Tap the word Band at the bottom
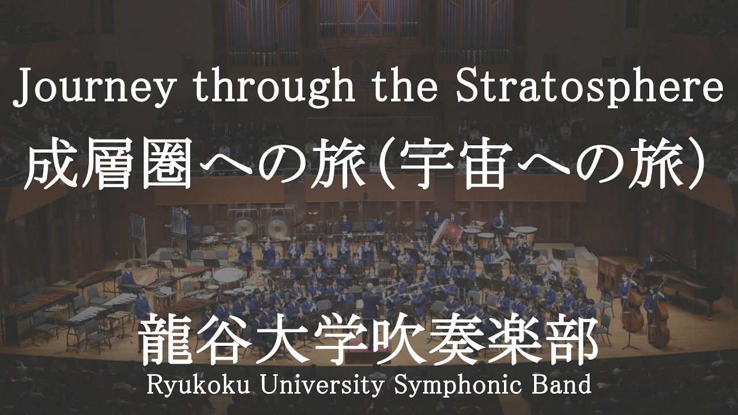point(563,385)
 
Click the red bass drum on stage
point(447,233)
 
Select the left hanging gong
point(244,228)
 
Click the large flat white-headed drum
point(228,274)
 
